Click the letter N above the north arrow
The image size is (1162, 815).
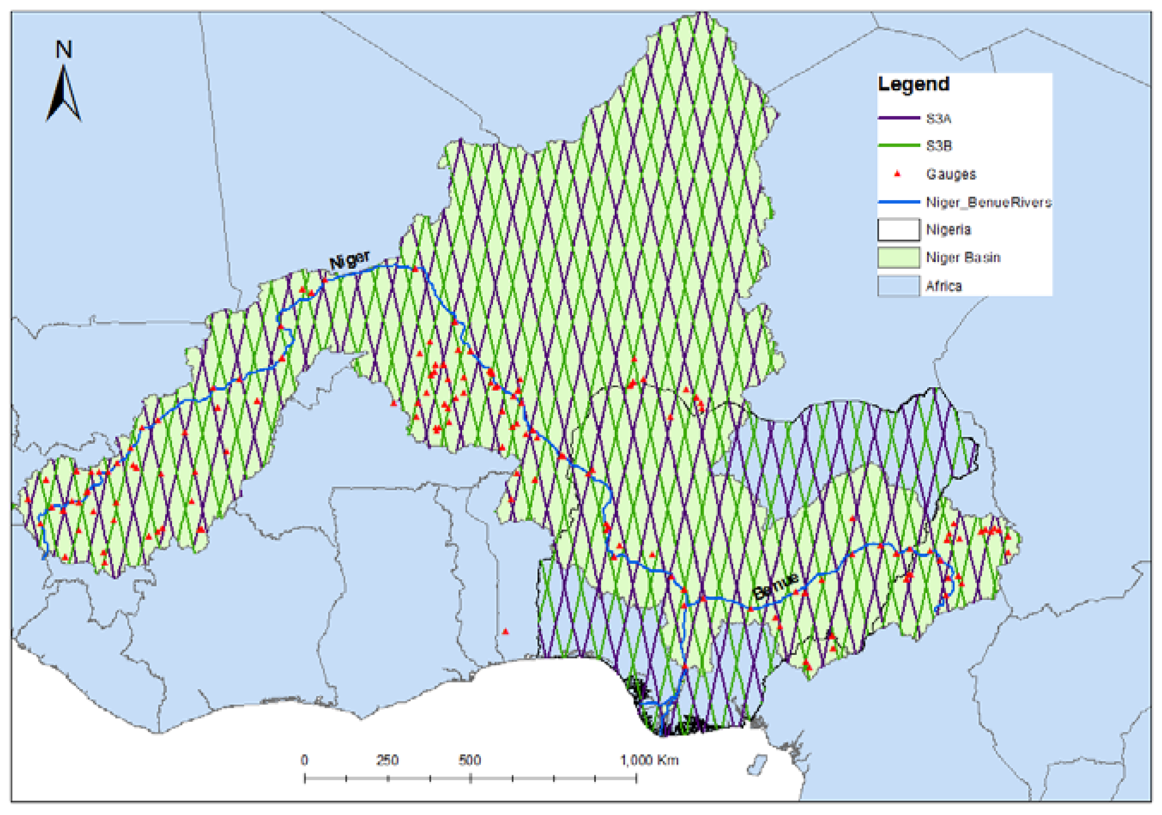(x=64, y=50)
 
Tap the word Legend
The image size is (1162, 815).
(x=913, y=84)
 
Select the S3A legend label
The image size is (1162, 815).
(x=938, y=118)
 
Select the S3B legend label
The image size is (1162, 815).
(x=938, y=146)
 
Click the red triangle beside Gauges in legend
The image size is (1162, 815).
(x=897, y=174)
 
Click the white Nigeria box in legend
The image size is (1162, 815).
(x=898, y=230)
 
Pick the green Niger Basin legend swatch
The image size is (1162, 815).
(x=898, y=258)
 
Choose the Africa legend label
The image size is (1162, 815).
(x=943, y=286)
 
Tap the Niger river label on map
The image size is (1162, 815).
(x=349, y=260)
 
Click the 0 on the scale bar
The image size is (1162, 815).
(x=304, y=760)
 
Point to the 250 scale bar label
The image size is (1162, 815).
(x=387, y=760)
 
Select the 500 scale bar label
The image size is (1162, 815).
(x=470, y=760)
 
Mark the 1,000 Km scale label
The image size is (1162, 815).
(x=649, y=760)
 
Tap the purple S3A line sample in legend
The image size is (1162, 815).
(x=898, y=118)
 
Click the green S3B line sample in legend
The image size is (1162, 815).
(x=898, y=145)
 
